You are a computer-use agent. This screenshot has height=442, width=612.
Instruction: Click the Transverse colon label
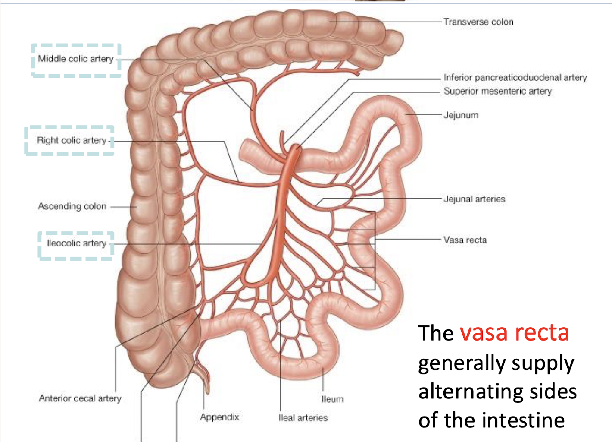(478, 22)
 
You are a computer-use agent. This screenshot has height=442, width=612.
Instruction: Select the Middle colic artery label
(75, 59)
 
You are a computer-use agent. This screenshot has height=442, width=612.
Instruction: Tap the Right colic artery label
(72, 140)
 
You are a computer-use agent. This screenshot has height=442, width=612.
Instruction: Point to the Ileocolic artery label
(76, 243)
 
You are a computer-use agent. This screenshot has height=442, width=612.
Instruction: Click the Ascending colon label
(72, 206)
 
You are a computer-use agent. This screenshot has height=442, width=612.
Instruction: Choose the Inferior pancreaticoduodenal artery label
(515, 77)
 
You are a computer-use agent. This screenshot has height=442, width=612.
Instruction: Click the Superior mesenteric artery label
(498, 91)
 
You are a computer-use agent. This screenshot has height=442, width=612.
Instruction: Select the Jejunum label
(461, 115)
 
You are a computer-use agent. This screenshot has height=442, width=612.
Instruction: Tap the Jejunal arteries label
(474, 199)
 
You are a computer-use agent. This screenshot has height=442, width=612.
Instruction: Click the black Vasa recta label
(465, 240)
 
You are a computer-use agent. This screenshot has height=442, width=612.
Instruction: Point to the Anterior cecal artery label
(80, 398)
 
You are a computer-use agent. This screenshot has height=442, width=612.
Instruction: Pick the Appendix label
(219, 417)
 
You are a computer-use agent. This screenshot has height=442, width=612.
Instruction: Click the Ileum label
(332, 399)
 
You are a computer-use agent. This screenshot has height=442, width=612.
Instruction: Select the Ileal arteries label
(303, 418)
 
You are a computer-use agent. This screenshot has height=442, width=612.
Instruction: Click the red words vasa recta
(514, 333)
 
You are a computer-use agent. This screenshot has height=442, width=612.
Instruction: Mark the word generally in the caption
(465, 363)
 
